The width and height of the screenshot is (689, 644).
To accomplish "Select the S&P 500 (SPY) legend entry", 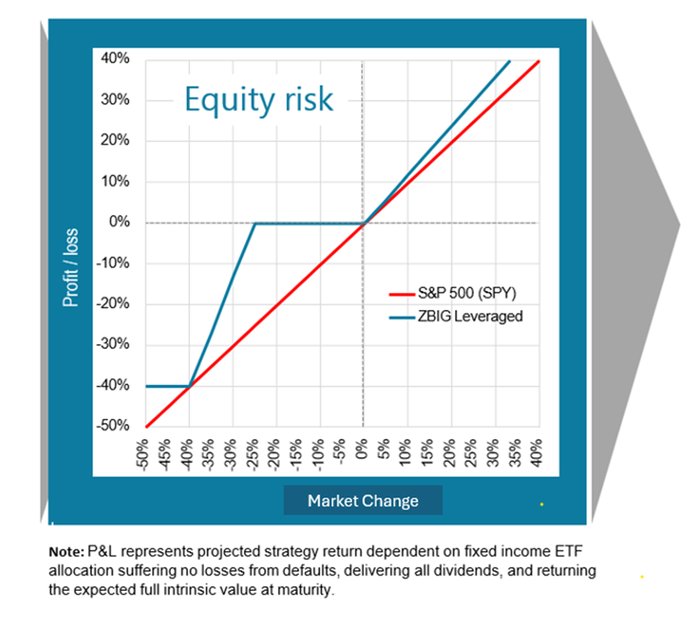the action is pyautogui.click(x=452, y=293).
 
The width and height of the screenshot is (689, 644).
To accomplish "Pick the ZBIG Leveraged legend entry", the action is pyautogui.click(x=456, y=316).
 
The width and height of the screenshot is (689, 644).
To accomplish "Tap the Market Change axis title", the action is pyautogui.click(x=363, y=501).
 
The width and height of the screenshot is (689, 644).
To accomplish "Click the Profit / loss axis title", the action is pyautogui.click(x=71, y=268).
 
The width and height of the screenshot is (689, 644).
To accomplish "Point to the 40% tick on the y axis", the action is pyautogui.click(x=115, y=59).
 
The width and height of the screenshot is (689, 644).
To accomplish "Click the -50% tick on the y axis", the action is pyautogui.click(x=113, y=426).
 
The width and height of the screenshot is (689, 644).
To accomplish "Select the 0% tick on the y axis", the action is pyautogui.click(x=119, y=222).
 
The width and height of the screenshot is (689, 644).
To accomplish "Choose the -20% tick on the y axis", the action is pyautogui.click(x=113, y=304).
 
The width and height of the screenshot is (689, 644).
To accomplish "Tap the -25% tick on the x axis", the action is pyautogui.click(x=252, y=455).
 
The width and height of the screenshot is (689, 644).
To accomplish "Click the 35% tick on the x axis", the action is pyautogui.click(x=517, y=453).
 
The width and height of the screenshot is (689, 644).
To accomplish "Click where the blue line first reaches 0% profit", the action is pyautogui.click(x=255, y=224).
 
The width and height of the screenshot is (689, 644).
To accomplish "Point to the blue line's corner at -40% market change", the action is pyautogui.click(x=189, y=386).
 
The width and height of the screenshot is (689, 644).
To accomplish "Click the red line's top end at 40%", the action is pyautogui.click(x=539, y=61).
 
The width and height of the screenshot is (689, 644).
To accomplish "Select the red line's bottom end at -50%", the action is pyautogui.click(x=146, y=427).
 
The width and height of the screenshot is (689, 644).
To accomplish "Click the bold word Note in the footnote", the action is pyautogui.click(x=66, y=551).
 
